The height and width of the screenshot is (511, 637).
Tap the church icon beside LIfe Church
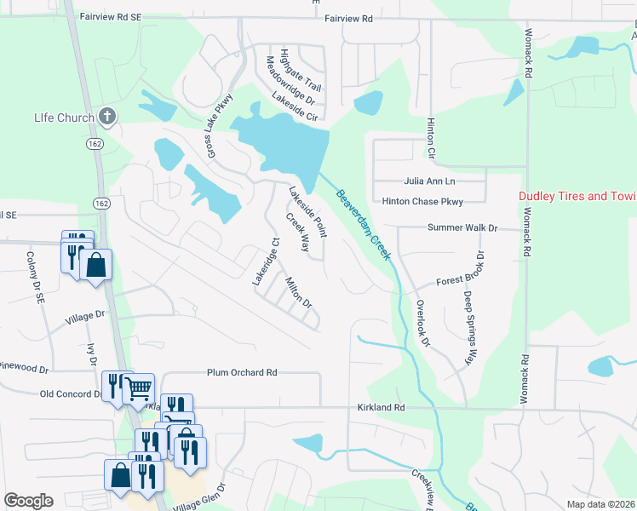106,116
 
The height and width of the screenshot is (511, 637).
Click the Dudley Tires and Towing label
578,197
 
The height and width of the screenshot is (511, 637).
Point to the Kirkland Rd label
381,408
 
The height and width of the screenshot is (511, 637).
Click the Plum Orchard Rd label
242,373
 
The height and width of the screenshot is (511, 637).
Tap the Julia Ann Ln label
430,181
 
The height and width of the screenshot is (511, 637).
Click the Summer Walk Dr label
462,228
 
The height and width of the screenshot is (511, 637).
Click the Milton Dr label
298,292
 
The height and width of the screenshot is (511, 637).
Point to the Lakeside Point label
307,212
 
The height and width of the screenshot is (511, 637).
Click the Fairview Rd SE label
109,17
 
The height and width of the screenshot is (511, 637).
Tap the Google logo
28,501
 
